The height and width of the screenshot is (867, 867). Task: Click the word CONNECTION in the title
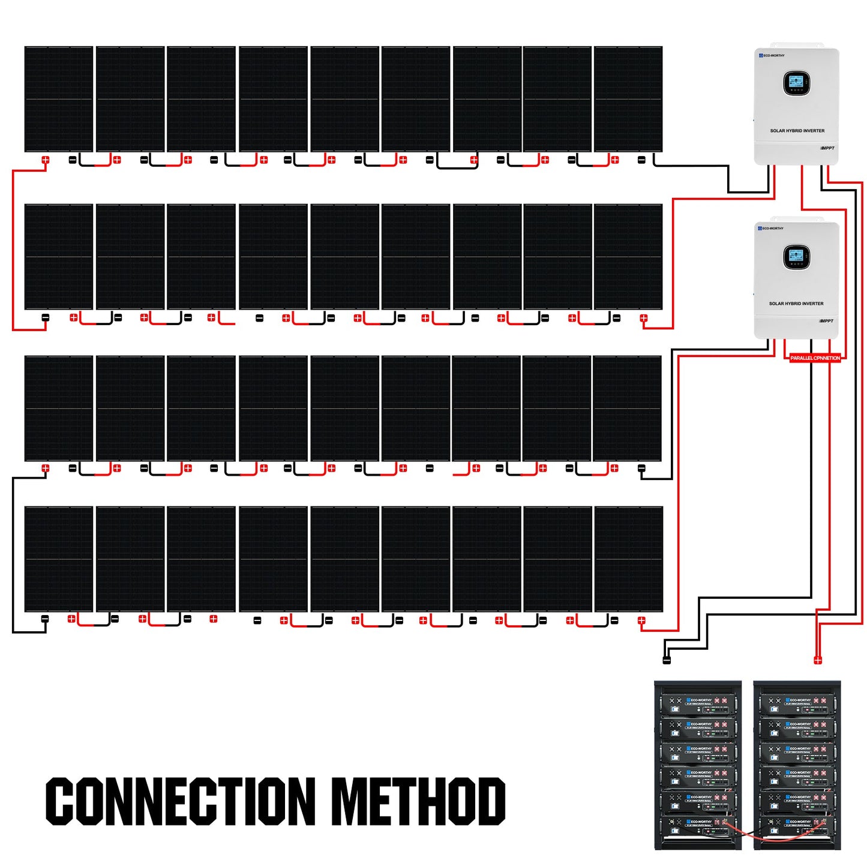click(x=181, y=801)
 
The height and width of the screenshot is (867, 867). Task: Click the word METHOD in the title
click(x=418, y=801)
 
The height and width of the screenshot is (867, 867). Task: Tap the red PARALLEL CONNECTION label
click(x=815, y=358)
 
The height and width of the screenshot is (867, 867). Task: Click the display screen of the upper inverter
click(x=796, y=83)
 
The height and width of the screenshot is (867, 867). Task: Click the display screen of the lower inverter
click(x=796, y=256)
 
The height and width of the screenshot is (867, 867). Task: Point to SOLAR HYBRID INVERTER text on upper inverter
click(x=797, y=131)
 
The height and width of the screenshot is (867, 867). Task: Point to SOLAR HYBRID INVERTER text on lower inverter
click(x=796, y=304)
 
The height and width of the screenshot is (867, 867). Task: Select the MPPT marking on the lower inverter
click(x=826, y=321)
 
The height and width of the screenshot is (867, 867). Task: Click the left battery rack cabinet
click(x=698, y=765)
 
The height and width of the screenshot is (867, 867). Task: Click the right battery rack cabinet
click(x=797, y=765)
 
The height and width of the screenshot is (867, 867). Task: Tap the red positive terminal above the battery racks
click(x=817, y=660)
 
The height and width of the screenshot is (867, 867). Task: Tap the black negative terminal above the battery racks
click(x=666, y=661)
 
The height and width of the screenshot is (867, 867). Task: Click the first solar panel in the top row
click(x=59, y=99)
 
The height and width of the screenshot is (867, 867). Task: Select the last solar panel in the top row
click(x=628, y=99)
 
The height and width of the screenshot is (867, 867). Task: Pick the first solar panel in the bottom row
click(x=59, y=559)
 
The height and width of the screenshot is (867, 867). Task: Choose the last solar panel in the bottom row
click(x=629, y=559)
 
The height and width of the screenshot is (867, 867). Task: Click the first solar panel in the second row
click(x=59, y=257)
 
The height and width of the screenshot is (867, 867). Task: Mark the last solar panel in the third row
click(x=627, y=409)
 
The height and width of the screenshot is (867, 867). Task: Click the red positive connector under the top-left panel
click(x=46, y=160)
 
